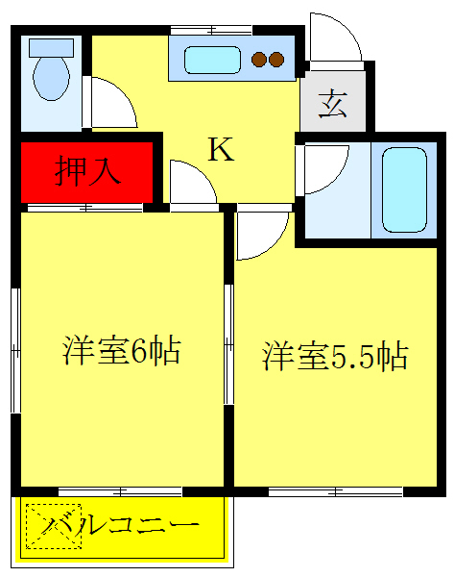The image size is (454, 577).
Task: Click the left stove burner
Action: click(x=259, y=61)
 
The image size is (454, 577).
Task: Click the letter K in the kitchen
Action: click(x=221, y=149)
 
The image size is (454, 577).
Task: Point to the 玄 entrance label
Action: click(x=332, y=103)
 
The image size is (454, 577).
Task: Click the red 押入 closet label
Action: click(x=87, y=170)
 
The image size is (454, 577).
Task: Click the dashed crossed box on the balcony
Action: click(x=53, y=526)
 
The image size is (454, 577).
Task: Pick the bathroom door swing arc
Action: click(x=324, y=168)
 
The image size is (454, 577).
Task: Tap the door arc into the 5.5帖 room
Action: click(x=261, y=235)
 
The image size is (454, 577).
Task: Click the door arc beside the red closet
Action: click(x=192, y=183)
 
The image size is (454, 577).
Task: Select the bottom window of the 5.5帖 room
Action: click(x=336, y=491)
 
